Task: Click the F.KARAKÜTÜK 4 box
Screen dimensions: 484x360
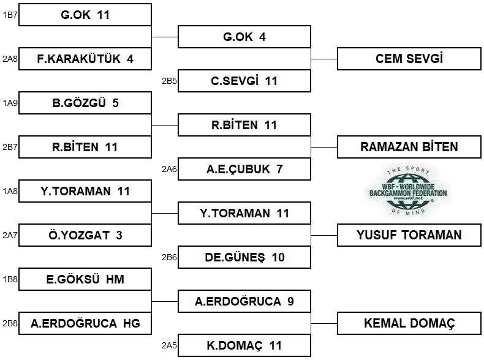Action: point(85,59)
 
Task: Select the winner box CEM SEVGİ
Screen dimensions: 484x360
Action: point(409,59)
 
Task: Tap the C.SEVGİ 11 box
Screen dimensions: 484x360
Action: point(244,81)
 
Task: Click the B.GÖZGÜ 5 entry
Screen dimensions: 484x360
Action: point(85,103)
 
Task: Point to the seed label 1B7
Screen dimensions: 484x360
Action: point(10,15)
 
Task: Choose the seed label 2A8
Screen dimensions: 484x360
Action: point(10,59)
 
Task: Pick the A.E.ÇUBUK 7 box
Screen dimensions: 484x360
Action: point(244,169)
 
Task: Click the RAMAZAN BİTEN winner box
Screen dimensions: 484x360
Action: point(409,147)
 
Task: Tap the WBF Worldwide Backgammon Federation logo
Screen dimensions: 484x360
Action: point(408,190)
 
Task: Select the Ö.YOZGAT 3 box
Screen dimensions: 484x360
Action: point(85,235)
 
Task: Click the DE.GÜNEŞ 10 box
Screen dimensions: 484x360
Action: point(244,257)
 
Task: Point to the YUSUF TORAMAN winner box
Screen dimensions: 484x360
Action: point(409,235)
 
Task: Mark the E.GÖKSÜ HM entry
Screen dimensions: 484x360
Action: point(85,279)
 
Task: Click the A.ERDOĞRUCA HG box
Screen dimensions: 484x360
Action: point(85,323)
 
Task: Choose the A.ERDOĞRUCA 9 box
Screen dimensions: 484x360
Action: point(244,301)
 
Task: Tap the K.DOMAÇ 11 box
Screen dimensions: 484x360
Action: point(244,345)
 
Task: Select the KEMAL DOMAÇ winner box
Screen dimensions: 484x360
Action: point(409,323)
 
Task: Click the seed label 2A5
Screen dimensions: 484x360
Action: point(169,345)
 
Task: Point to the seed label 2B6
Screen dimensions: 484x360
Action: point(169,257)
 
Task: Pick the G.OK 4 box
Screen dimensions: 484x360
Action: point(244,37)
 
